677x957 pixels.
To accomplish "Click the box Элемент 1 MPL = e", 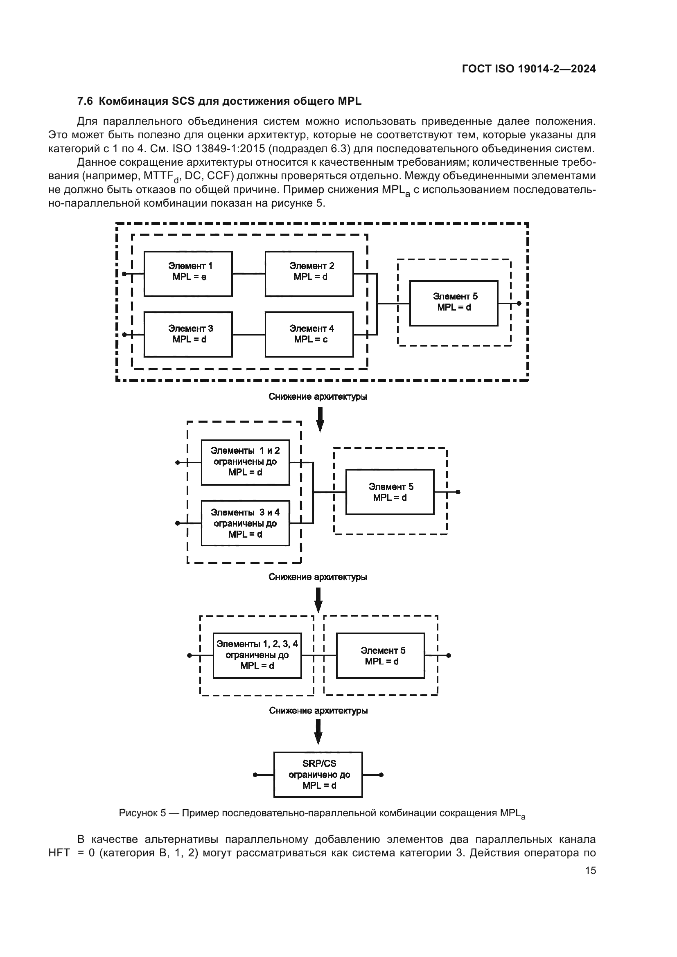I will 188,274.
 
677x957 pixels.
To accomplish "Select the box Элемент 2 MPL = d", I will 309,274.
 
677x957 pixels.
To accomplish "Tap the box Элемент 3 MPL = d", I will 188,334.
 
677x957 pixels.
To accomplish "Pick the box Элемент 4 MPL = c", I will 309,334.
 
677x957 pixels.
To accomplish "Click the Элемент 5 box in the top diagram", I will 454,304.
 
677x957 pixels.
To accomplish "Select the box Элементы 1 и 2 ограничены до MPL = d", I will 245,462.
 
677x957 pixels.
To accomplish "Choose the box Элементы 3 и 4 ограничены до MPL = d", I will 245,523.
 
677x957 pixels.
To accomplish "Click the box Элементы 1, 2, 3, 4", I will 257,655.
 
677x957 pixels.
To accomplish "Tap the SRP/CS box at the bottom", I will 318,775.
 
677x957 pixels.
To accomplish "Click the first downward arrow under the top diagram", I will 320,419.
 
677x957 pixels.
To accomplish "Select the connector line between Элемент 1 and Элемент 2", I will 248,274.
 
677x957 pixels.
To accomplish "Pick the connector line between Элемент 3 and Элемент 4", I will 248,334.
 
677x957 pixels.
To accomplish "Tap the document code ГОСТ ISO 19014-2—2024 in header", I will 528,69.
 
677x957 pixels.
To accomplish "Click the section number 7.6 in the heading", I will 85,101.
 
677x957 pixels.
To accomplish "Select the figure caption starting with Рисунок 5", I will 322,813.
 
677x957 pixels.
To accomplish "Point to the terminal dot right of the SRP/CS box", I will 381,775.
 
